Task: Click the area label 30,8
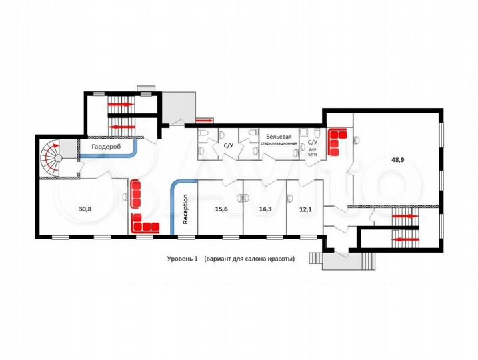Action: (85, 209)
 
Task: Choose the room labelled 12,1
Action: (306, 209)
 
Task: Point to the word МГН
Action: (313, 154)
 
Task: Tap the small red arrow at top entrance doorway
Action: (206, 121)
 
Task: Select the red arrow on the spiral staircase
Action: (57, 145)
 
